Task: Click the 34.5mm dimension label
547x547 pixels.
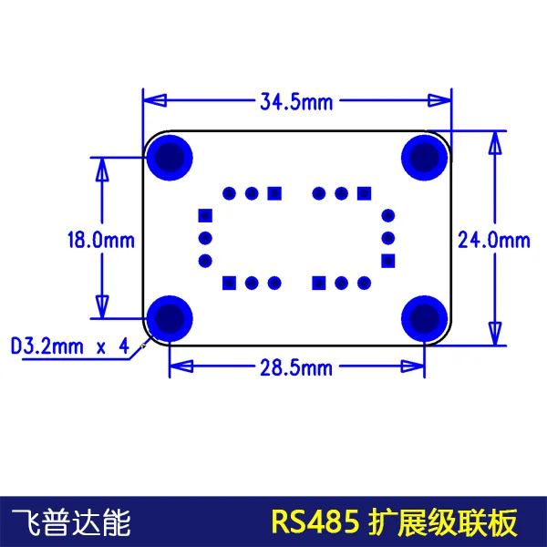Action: click(x=296, y=102)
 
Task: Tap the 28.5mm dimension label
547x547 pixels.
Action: click(x=296, y=368)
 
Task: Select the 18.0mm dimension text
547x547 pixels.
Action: click(x=100, y=240)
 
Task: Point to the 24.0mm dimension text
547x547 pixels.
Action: click(x=493, y=240)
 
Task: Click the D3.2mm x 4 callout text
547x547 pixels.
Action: click(x=69, y=346)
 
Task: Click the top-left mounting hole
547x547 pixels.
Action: click(x=170, y=158)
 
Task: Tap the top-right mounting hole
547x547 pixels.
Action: click(x=424, y=158)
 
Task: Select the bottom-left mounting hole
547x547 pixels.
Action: click(x=170, y=317)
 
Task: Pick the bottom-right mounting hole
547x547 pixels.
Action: click(x=424, y=317)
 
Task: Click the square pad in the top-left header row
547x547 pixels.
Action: click(x=273, y=192)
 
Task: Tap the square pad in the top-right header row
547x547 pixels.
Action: click(x=364, y=192)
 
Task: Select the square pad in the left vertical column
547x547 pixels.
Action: click(x=204, y=216)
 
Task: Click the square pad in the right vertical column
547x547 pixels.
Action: click(x=388, y=261)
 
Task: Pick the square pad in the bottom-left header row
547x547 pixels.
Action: click(x=229, y=283)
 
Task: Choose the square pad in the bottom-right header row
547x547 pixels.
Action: click(x=319, y=283)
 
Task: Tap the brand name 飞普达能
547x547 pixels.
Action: click(x=71, y=522)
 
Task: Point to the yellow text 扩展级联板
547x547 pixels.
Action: click(x=442, y=522)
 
